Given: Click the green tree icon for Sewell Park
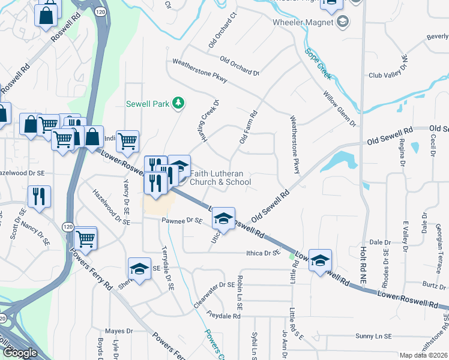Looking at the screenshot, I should pos(178,103).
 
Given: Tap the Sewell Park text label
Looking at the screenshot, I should pos(148,103).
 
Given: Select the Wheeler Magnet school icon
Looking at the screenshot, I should pos(343,23).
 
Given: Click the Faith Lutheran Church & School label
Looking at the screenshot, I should pos(220,178).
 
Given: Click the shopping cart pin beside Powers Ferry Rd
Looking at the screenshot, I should pos(86,238).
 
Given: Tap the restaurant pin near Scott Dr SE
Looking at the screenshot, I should pos(39,197).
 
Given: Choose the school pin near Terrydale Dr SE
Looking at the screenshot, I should pos(139,268).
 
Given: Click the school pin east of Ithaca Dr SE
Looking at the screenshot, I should pos(321,260).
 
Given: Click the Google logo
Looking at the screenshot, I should pos(20,353).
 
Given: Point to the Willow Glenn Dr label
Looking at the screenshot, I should pos(340,109).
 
